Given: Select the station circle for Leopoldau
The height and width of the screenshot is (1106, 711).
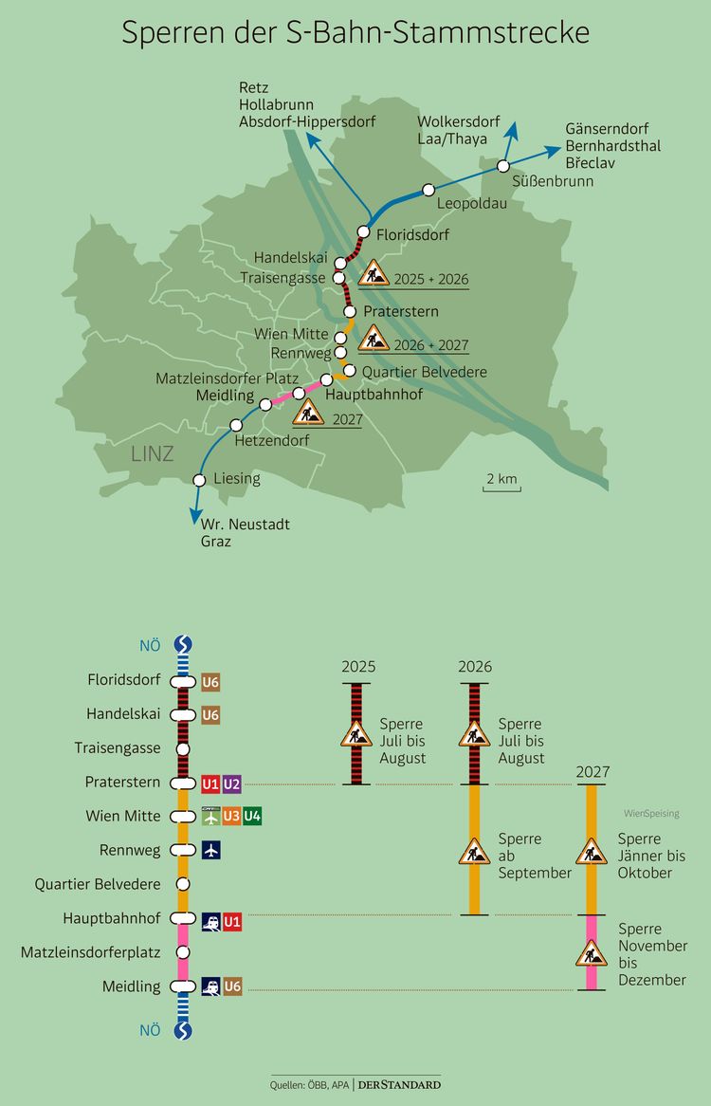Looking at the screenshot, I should (x=428, y=190).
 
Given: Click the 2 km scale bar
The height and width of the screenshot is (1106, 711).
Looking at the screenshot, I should (x=501, y=483).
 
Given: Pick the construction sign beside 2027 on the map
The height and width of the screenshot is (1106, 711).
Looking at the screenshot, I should (x=308, y=412).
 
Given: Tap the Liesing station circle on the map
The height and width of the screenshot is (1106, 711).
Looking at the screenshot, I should (x=199, y=480).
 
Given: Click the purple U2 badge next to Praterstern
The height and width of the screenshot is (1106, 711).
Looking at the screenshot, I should (x=231, y=783).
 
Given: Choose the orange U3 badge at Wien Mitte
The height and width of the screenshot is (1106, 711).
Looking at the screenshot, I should (x=231, y=816).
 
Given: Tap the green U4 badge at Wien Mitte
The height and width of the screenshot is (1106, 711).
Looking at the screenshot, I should (x=252, y=816).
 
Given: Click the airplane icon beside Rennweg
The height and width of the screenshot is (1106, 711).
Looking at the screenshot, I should (x=210, y=850).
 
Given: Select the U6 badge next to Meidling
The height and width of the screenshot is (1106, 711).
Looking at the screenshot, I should (x=232, y=986).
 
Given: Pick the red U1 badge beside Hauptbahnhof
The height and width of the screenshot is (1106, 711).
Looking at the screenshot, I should (x=232, y=919).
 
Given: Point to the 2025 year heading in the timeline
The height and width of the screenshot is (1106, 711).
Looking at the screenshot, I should (x=358, y=667).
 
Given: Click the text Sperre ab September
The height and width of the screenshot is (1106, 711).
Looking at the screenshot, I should (x=535, y=856).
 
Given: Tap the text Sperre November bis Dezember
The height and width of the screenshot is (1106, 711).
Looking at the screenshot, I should (x=652, y=954).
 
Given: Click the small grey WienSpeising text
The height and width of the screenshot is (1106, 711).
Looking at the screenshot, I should (x=651, y=814).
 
